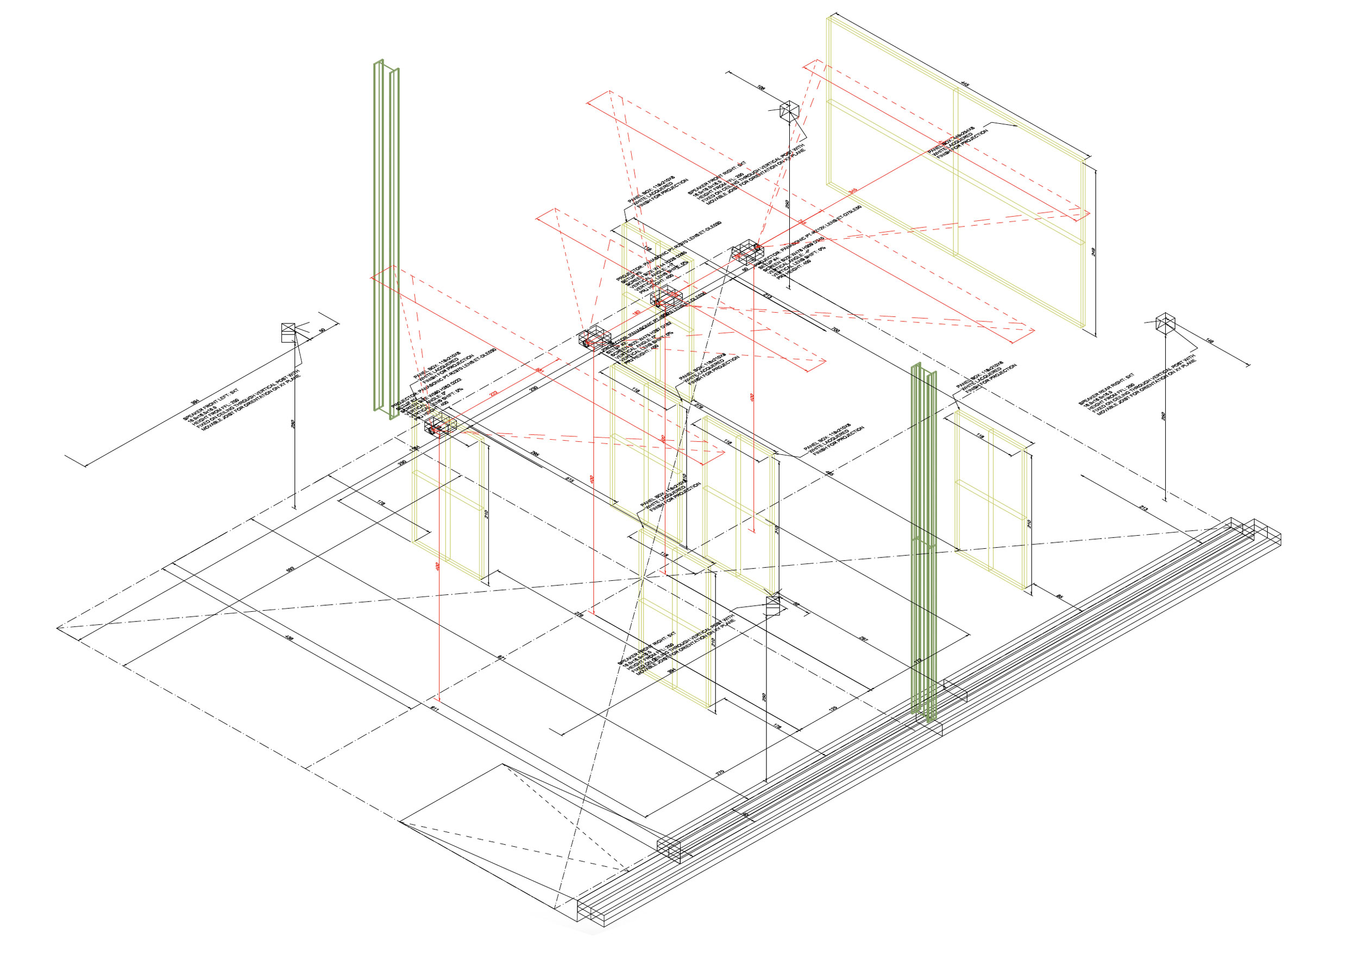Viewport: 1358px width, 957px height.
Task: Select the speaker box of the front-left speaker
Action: click(288, 333)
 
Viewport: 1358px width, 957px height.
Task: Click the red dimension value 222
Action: click(493, 394)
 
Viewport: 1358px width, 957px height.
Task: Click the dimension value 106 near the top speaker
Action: click(761, 87)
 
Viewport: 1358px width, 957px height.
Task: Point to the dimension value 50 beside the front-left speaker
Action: click(322, 331)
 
